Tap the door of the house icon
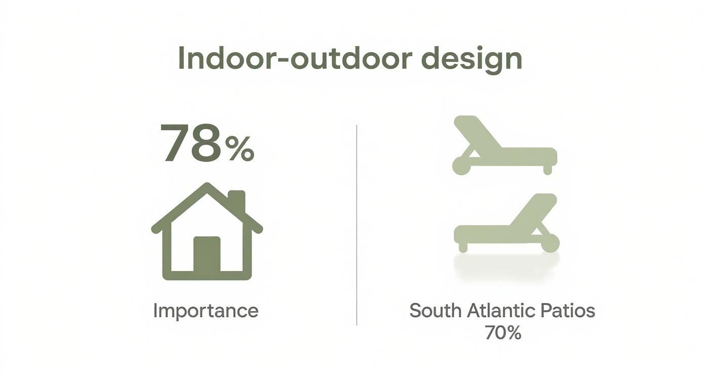point(207,254)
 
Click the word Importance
point(206,311)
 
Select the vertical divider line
point(357,225)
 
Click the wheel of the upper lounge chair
point(461,166)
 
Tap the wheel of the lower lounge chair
point(551,243)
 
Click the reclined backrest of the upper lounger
point(477,132)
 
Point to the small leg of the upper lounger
point(547,170)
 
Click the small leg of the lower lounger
point(463,247)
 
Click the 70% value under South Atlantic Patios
point(503,332)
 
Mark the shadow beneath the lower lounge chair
point(506,264)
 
